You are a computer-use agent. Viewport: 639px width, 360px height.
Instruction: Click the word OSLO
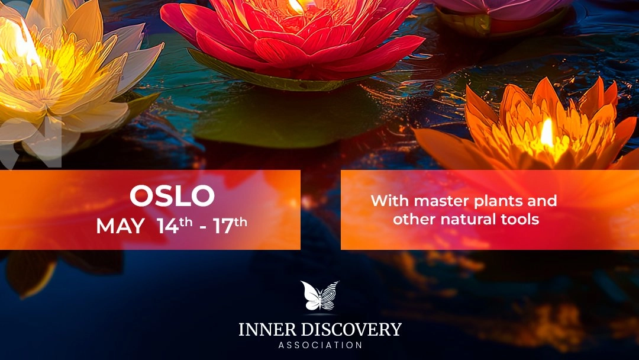[172, 197]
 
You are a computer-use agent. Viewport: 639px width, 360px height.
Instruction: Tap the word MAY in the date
[120, 226]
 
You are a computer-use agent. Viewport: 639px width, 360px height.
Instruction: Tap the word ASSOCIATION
[320, 345]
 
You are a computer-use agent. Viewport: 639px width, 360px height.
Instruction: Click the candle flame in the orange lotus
[547, 134]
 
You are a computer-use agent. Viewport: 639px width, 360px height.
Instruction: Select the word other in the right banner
[414, 219]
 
